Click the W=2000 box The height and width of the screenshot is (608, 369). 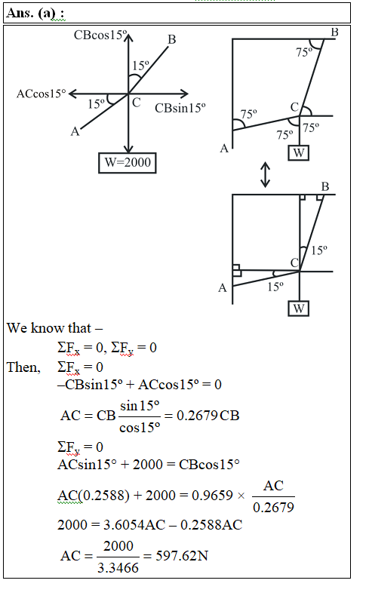128,163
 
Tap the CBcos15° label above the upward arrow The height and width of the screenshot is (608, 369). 100,35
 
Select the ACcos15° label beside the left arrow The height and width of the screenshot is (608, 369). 42,94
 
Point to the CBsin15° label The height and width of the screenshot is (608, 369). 180,108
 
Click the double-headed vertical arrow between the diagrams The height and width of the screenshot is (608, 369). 265,175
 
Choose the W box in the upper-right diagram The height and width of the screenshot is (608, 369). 298,153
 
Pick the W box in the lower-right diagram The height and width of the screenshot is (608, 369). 298,309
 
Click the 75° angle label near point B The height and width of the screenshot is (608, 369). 304,52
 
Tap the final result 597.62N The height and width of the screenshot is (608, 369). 182,556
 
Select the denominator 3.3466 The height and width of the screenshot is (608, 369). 118,568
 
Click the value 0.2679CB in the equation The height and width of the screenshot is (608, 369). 208,416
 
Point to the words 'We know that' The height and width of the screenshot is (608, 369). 49,328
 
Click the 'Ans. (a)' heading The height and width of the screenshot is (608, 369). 35,13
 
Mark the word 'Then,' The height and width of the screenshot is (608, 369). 23,367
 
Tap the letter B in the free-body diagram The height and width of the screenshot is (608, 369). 172,39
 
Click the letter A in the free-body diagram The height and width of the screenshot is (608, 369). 75,132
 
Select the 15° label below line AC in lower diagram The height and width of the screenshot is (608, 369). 275,287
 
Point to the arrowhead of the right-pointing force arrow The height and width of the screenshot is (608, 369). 186,94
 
